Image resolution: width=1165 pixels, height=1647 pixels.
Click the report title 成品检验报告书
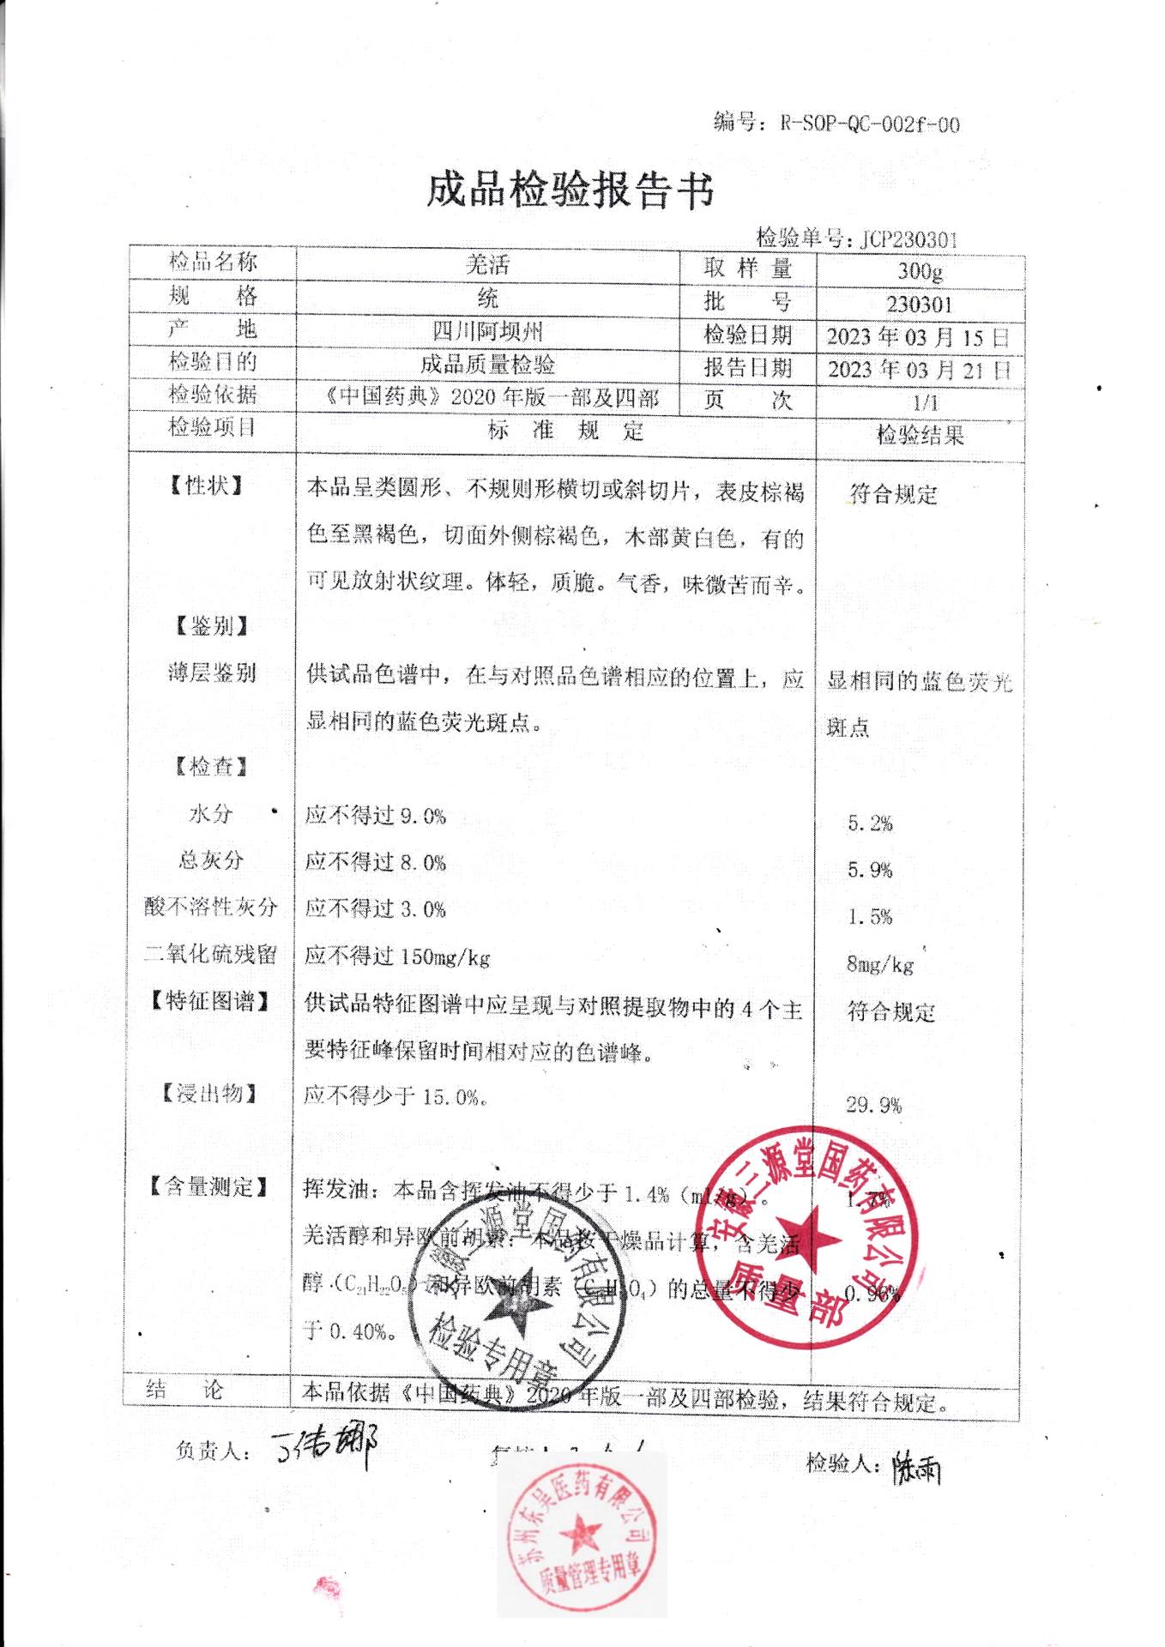tap(570, 190)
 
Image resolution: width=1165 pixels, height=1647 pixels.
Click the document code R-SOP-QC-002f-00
tap(869, 124)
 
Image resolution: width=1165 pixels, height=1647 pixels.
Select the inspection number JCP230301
tap(908, 239)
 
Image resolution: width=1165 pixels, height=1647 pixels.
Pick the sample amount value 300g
tap(920, 271)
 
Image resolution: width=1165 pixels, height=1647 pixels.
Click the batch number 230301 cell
tap(920, 305)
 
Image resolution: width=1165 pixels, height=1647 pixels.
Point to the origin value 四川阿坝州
tap(487, 331)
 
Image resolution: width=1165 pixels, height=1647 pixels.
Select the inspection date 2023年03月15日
tap(919, 337)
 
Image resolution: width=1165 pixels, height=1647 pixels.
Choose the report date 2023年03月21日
tap(919, 370)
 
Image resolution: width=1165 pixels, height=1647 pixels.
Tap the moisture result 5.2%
tap(870, 823)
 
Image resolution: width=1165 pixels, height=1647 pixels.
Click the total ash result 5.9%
tap(870, 870)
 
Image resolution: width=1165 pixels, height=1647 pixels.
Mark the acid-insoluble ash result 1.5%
tap(870, 917)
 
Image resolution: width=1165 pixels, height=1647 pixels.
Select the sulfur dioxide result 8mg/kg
tap(879, 964)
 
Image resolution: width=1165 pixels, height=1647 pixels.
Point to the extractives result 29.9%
tap(873, 1105)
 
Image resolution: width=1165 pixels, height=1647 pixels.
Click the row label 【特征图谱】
tap(209, 1001)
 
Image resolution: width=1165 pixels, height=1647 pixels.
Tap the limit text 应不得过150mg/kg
tap(397, 956)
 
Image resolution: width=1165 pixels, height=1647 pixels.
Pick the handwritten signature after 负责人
tap(323, 1449)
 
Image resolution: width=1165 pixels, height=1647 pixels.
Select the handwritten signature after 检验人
tap(916, 1467)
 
